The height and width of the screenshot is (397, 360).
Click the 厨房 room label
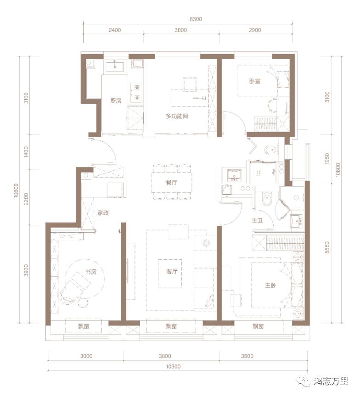tap(116, 101)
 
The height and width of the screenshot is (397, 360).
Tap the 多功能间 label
tap(177, 116)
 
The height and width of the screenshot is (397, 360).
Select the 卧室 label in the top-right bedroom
tap(255, 81)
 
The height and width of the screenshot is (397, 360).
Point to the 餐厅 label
tap(172, 182)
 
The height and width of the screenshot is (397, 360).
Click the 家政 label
tap(103, 213)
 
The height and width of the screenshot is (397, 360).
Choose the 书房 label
tap(91, 272)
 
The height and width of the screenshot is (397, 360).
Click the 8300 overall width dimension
tap(196, 19)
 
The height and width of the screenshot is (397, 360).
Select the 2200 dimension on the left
tap(26, 198)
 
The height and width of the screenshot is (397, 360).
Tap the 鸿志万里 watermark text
tap(331, 381)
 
